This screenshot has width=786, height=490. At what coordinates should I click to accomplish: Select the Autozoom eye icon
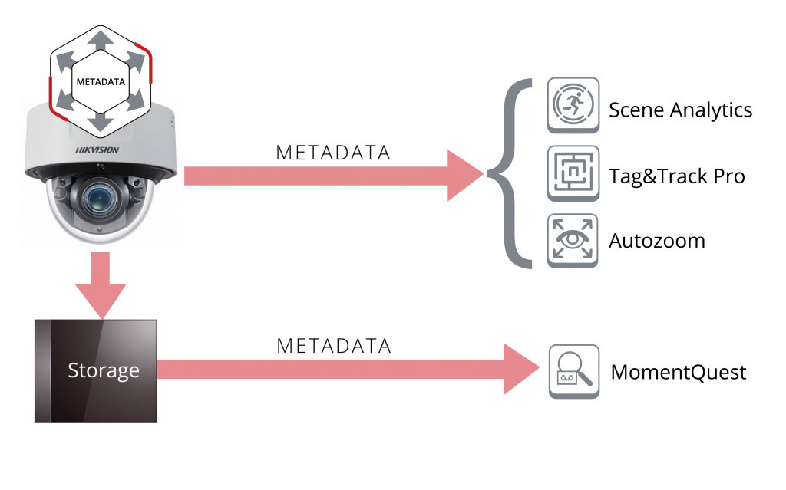573,241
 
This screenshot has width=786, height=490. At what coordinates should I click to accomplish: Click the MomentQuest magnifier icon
573,372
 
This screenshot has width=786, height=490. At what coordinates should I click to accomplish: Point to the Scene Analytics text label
680,110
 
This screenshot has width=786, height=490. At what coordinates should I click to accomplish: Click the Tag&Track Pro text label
676,176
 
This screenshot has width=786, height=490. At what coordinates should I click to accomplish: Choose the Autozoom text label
656,241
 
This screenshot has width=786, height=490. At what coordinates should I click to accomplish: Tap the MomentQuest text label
678,373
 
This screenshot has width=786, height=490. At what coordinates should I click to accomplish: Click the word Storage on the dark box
104,370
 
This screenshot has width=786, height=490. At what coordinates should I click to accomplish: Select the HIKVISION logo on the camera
97,150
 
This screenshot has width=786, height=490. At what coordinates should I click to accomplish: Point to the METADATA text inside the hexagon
100,79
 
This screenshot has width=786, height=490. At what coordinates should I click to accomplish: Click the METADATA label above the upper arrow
333,153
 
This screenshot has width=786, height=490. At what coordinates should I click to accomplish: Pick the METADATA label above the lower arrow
333,346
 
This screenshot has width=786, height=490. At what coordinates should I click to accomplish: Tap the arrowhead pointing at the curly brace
465,176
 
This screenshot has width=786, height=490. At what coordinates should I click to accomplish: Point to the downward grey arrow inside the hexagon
101,122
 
